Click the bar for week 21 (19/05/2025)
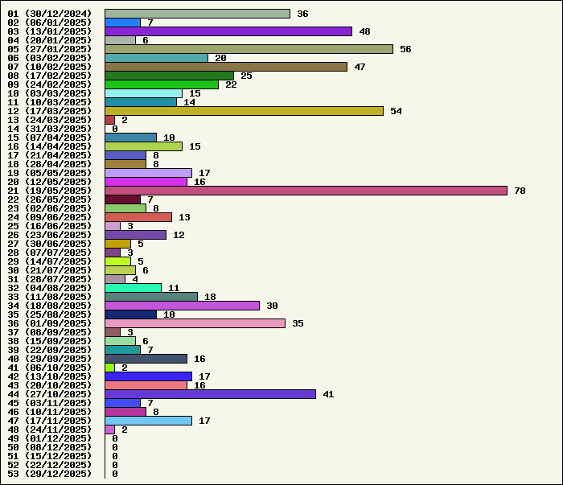[306, 191]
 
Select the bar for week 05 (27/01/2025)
[249, 49]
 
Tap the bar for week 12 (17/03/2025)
[244, 111]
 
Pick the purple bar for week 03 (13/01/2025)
[228, 31]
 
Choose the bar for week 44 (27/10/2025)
[210, 394]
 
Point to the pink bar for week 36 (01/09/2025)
[195, 323]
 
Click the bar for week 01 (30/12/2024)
[197, 14]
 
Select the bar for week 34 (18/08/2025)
[182, 306]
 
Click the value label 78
[520, 191]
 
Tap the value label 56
[405, 49]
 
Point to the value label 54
[396, 111]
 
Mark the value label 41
[328, 394]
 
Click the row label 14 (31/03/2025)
[50, 129]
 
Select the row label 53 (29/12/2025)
[50, 474]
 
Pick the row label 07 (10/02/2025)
[50, 67]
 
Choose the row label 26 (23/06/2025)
[50, 235]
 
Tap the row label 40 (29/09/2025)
[50, 359]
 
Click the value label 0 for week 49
[115, 438]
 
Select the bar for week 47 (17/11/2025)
[148, 421]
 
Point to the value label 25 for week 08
[246, 76]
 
